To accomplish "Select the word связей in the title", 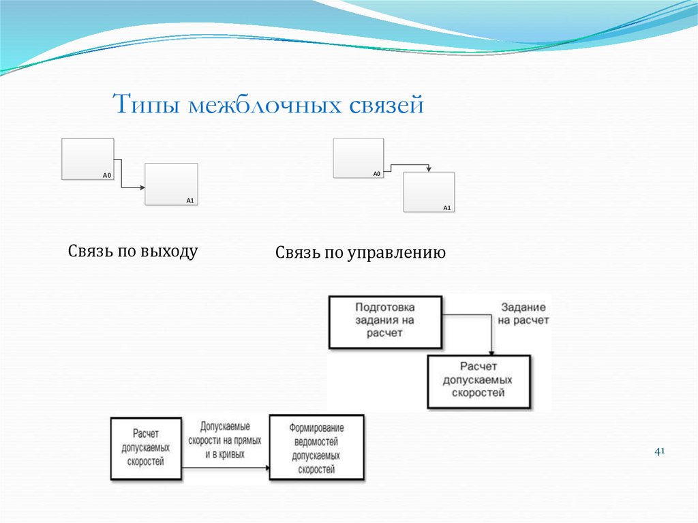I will (387, 106).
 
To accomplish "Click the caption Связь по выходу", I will (133, 251).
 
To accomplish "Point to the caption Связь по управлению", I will (361, 254).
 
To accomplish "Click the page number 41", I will (659, 451).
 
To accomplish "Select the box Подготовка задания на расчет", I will (385, 321).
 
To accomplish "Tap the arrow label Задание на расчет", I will (523, 314).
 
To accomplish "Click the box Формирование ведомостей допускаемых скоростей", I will (316, 447).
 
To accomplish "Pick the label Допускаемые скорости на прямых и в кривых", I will (225, 440).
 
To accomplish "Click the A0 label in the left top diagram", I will (106, 176).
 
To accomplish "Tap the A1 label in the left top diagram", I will (190, 200).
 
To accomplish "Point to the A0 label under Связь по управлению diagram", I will (376, 175).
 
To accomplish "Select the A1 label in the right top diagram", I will (447, 207).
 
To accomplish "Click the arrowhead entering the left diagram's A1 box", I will (142, 188).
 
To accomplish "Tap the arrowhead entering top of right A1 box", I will (428, 169).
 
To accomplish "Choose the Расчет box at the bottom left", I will (146, 447).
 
